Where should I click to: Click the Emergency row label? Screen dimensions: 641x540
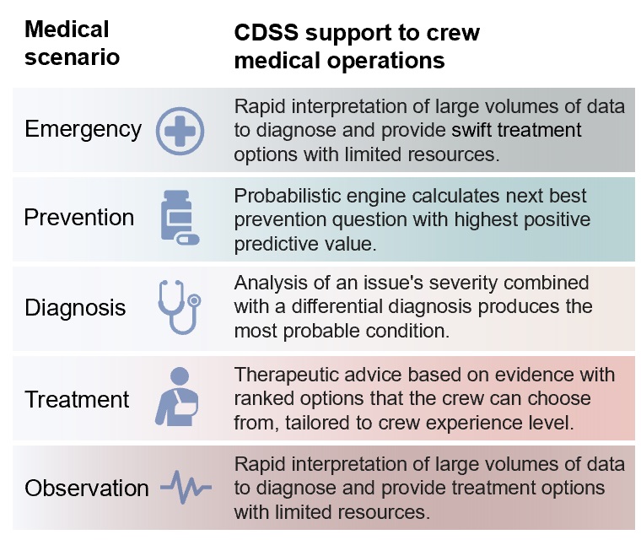pyautogui.click(x=83, y=130)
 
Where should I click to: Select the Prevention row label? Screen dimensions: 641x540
pyautogui.click(x=79, y=217)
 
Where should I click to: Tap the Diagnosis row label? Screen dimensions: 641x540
pyautogui.click(x=75, y=307)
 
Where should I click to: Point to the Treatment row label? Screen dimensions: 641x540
pyautogui.click(x=77, y=399)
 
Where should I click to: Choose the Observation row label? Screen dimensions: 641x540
pyautogui.click(x=86, y=488)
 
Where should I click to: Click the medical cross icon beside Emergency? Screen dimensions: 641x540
pyautogui.click(x=180, y=131)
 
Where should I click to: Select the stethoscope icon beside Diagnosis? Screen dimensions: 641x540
pyautogui.click(x=180, y=307)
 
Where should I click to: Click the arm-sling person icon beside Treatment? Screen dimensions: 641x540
pyautogui.click(x=176, y=397)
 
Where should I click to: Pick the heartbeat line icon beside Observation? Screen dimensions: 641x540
pyautogui.click(x=186, y=487)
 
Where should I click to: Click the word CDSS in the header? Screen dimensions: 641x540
pyautogui.click(x=267, y=32)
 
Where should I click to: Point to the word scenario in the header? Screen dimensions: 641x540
pyautogui.click(x=72, y=57)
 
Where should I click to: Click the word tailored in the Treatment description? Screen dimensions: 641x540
pyautogui.click(x=317, y=423)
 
